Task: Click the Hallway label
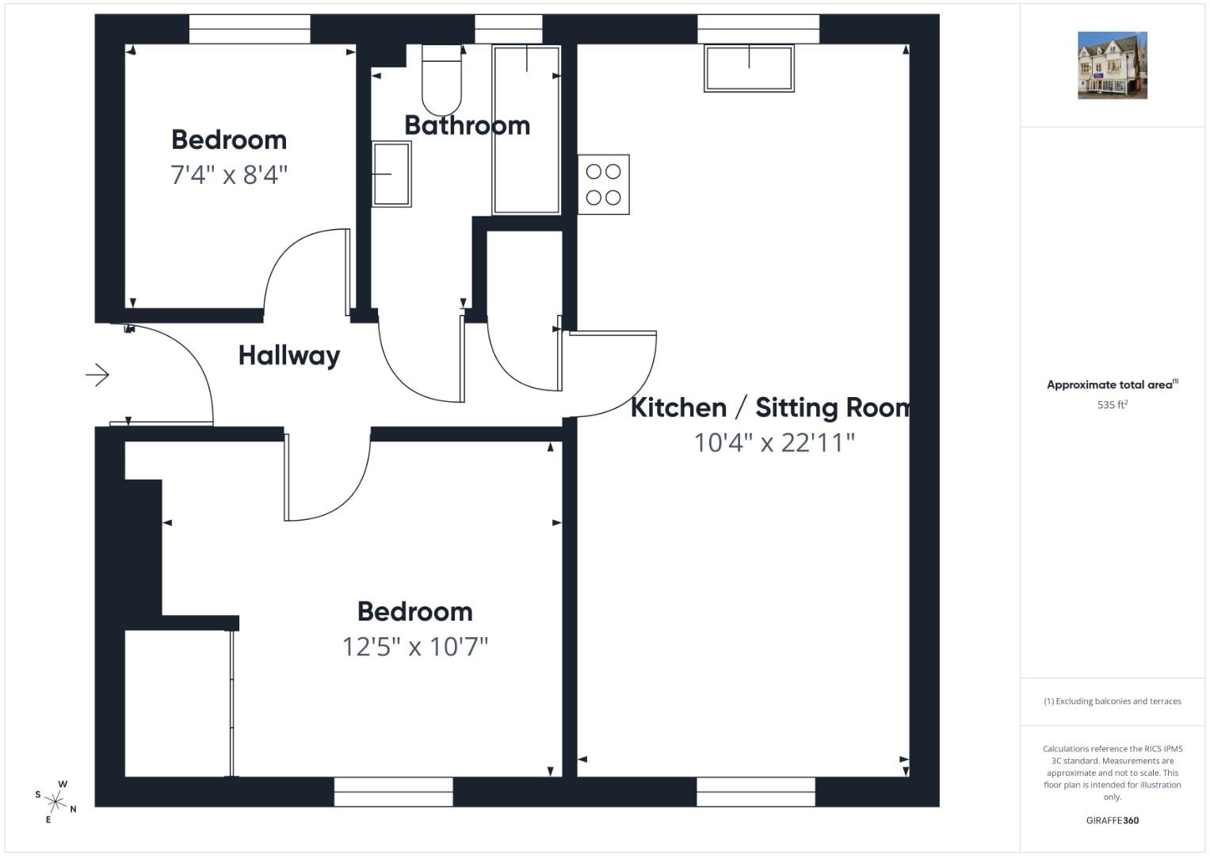(289, 356)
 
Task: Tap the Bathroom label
(468, 125)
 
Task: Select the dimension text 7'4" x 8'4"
(229, 174)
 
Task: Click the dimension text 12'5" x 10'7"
(415, 646)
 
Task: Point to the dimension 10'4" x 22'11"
(774, 442)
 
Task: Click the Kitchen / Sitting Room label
(771, 407)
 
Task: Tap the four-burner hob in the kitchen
(603, 184)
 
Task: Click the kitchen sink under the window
(749, 69)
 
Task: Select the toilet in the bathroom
(441, 79)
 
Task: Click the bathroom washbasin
(391, 174)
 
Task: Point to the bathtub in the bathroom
(527, 130)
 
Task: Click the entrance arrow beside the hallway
(97, 374)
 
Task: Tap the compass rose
(55, 801)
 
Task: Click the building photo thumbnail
(1113, 65)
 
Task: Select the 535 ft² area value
(1113, 405)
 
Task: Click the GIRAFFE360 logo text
(1113, 820)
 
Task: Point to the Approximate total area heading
(1113, 384)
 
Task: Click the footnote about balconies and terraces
(1113, 701)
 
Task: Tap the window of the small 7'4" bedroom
(250, 29)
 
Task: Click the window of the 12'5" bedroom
(393, 792)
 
